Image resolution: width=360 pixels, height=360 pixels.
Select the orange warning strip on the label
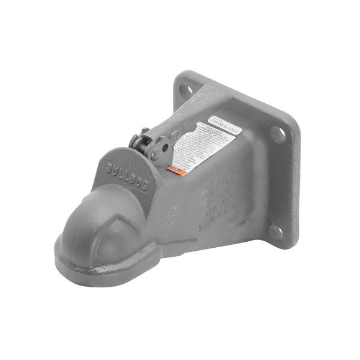point(176,170)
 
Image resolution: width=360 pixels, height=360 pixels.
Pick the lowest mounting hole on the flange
point(276,232)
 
